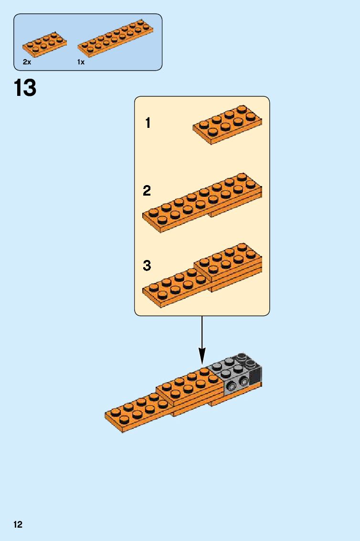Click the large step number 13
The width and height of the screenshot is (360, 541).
(25, 88)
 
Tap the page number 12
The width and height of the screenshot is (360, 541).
(18, 525)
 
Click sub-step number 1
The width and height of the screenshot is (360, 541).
(148, 123)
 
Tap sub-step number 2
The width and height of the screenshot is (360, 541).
(147, 191)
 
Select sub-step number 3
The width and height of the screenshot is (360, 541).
(147, 266)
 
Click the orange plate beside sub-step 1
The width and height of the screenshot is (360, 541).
(228, 125)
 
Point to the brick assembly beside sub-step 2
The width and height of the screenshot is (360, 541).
(202, 203)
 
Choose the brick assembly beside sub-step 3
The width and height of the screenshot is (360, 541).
(202, 274)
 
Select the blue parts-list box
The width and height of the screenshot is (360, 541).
(88, 42)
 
